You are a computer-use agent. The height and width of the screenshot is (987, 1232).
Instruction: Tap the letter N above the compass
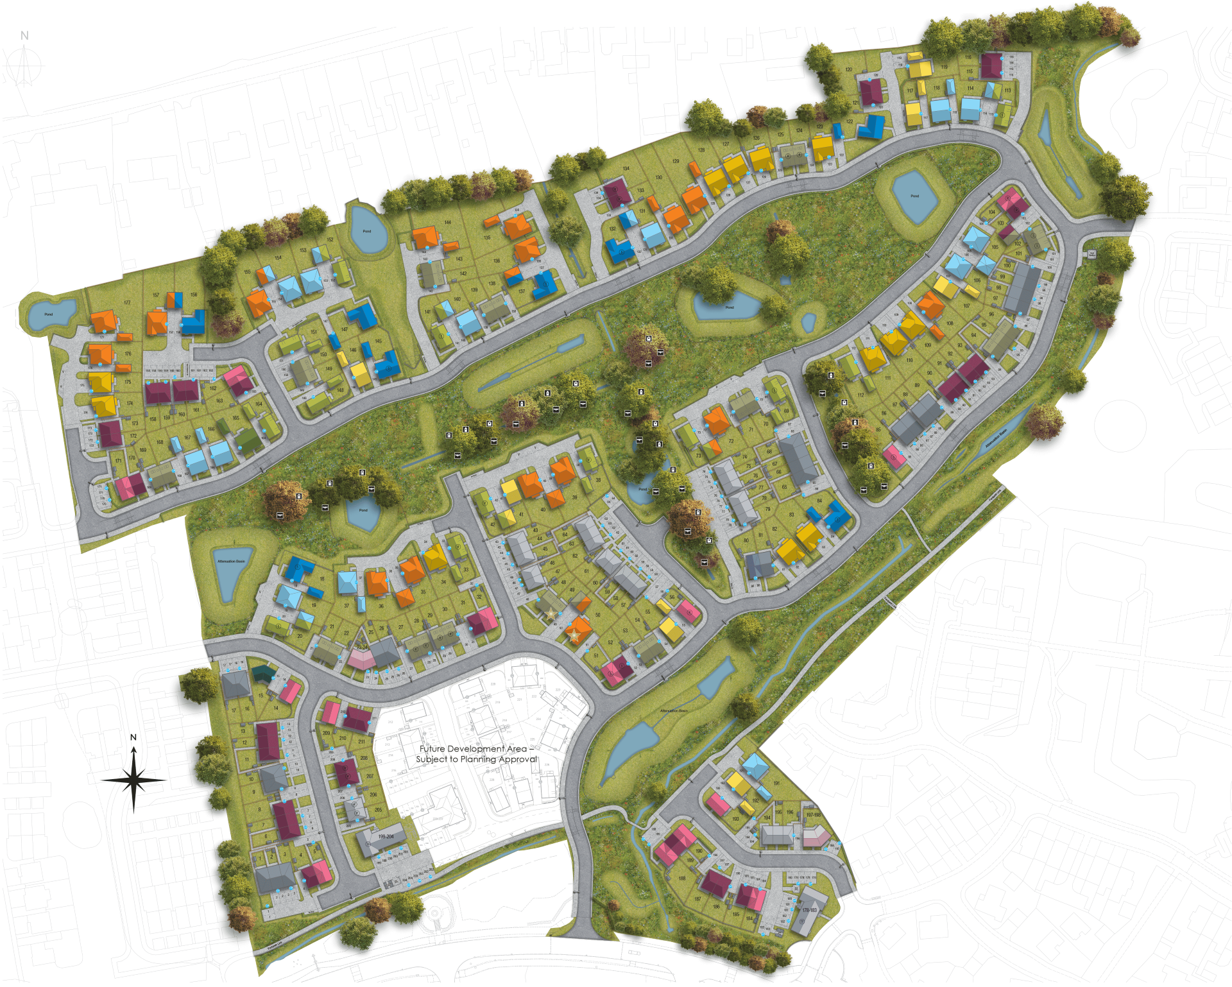point(24,37)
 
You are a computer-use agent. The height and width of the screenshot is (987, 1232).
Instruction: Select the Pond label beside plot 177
point(48,315)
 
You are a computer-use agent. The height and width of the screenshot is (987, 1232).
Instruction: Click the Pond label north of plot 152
point(366,231)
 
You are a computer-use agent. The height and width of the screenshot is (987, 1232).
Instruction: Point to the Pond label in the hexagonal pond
point(914,196)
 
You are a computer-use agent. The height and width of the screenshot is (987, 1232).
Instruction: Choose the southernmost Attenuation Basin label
point(660,712)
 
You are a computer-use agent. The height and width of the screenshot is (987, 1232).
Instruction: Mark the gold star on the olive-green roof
point(551,615)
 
